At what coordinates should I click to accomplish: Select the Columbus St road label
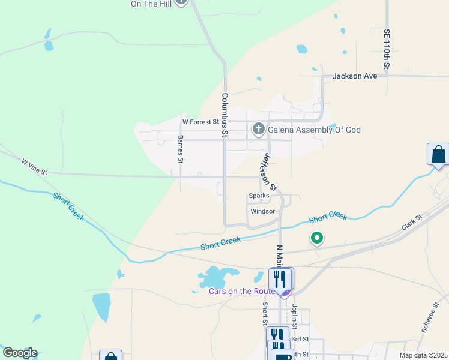tap(224, 115)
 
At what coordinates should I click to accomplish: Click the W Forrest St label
tap(200, 122)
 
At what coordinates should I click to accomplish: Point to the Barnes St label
tap(180, 149)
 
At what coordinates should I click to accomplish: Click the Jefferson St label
tap(268, 172)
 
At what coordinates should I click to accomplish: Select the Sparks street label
tap(259, 196)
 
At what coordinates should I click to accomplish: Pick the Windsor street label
tap(262, 211)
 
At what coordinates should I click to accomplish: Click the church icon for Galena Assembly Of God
tap(258, 129)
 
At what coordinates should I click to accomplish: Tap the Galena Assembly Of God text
tap(314, 130)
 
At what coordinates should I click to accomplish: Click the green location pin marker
tap(316, 239)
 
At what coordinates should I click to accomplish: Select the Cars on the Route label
tap(242, 292)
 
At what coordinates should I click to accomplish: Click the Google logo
tap(20, 353)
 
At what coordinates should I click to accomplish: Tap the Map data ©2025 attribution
tap(423, 355)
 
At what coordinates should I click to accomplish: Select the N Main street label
tap(279, 255)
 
